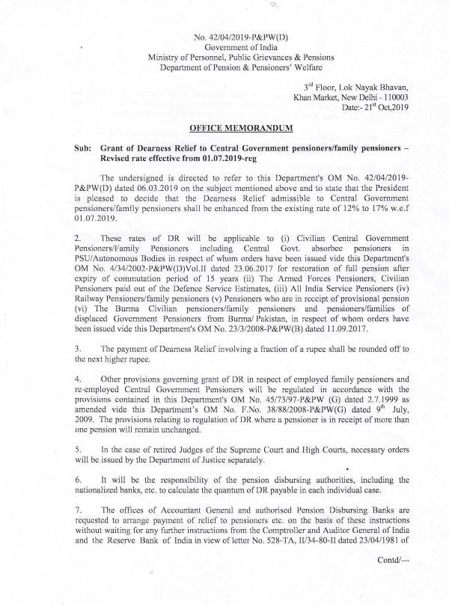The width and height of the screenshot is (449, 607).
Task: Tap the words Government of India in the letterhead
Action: pos(224,47)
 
